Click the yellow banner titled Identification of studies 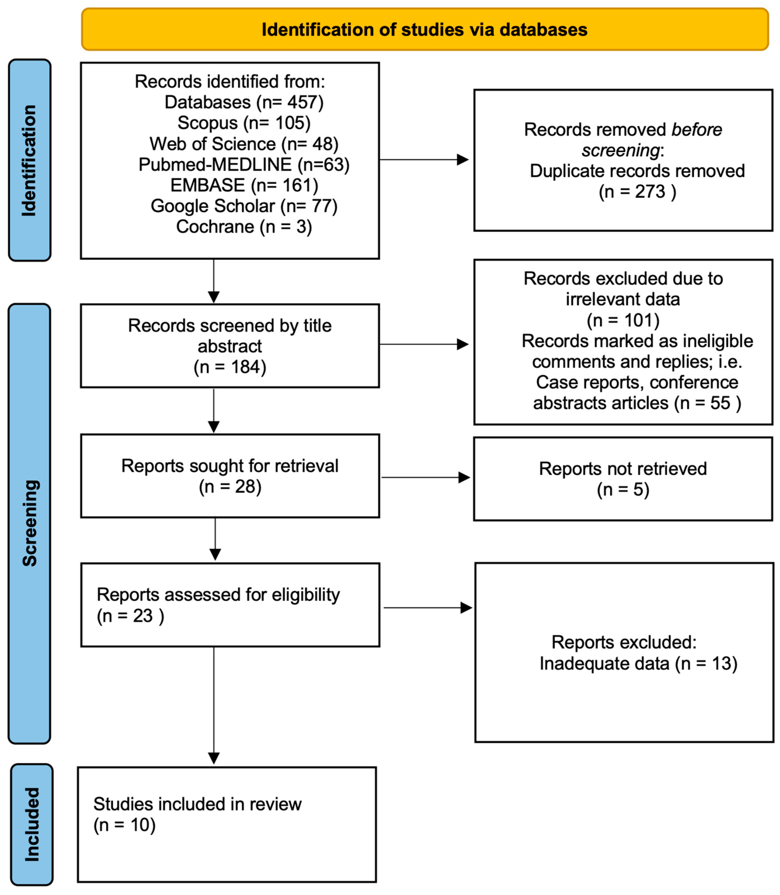424,30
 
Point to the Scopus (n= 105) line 244,123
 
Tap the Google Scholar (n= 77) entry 244,206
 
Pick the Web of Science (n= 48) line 244,144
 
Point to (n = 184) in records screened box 230,367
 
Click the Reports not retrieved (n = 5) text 623,479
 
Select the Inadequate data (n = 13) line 638,664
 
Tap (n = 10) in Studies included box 125,825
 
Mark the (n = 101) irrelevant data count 623,321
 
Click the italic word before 696,130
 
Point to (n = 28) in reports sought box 230,487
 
